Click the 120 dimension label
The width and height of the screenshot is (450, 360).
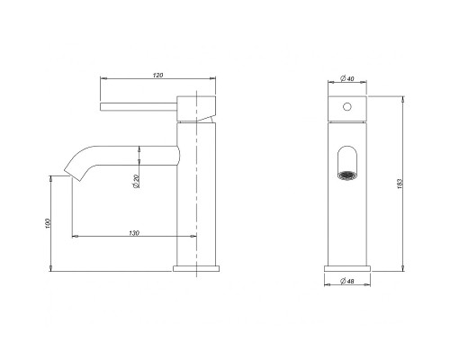[x=157, y=75]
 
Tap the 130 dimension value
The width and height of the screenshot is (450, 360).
[x=134, y=233]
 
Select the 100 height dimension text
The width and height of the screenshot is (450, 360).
[x=48, y=224]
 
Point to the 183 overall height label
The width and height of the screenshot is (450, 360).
[x=400, y=184]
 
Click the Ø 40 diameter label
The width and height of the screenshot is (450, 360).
[x=347, y=78]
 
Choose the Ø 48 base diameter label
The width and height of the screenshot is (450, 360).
[x=347, y=281]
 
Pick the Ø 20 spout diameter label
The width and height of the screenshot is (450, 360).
[x=136, y=181]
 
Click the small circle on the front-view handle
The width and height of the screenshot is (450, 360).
[x=347, y=106]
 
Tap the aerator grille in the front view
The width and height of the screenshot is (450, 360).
[x=347, y=175]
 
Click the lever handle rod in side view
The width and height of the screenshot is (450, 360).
[x=139, y=107]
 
